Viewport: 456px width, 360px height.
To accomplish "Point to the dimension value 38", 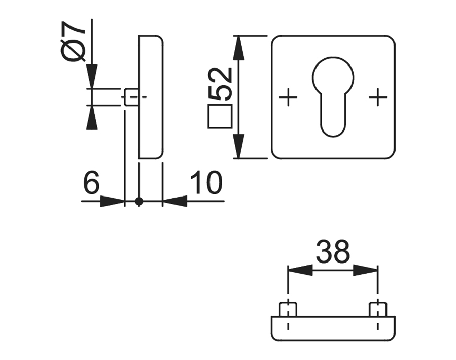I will coord(333,252).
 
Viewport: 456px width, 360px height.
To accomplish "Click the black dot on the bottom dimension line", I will coord(139,202).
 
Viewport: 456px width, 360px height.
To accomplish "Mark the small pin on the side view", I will coord(131,97).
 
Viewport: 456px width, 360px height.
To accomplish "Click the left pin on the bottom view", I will coord(288,309).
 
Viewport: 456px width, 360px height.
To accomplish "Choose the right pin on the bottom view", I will coord(378,309).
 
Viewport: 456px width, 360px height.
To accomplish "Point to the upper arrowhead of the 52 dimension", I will coord(238,49).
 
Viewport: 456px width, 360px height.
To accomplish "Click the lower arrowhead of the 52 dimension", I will coord(238,146).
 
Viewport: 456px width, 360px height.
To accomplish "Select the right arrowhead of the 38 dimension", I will coord(365,270).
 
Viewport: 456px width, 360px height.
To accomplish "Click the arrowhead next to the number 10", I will coord(174,202).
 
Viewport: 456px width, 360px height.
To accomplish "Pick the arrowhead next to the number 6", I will coord(112,202).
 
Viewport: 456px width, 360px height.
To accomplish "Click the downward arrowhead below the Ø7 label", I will coord(91,76).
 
